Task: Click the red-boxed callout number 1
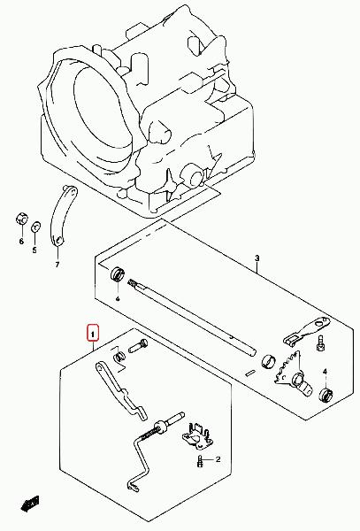(x=93, y=333)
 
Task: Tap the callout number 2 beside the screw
(x=218, y=459)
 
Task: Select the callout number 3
(x=257, y=258)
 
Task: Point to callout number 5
(x=34, y=250)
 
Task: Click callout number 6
(x=21, y=241)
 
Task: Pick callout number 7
(x=57, y=264)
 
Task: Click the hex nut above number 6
(x=21, y=219)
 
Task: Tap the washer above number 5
(x=35, y=227)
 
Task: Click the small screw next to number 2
(x=200, y=460)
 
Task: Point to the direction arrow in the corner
(x=30, y=504)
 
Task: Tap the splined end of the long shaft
(x=133, y=283)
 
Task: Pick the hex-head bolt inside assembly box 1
(x=139, y=346)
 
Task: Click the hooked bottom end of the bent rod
(x=133, y=486)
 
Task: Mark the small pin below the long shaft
(x=251, y=373)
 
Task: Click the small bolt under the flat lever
(x=321, y=342)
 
